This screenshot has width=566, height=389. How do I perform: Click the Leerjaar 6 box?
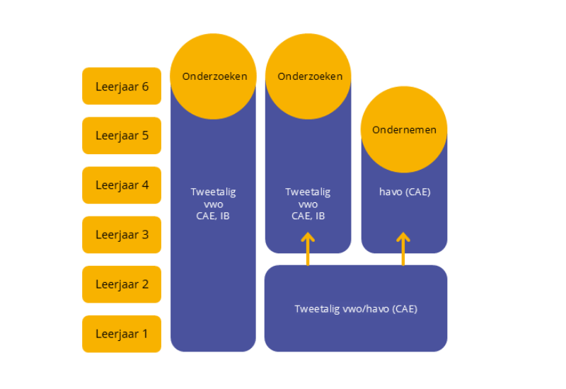tap(122, 86)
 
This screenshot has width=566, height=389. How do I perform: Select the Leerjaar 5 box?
tap(122, 136)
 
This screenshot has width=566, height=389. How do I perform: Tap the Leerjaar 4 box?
tap(122, 185)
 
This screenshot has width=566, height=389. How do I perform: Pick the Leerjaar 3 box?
tap(122, 235)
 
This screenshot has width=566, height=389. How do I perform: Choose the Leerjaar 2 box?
tap(122, 284)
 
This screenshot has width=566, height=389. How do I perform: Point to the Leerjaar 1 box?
tap(122, 334)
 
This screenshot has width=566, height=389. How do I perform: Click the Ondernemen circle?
tap(404, 130)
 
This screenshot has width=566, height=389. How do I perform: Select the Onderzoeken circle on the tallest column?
tap(213, 76)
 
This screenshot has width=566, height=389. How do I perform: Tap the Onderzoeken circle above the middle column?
tap(308, 76)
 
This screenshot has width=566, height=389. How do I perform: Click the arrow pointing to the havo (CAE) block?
tap(403, 248)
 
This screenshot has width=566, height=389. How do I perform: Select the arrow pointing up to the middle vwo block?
tap(308, 248)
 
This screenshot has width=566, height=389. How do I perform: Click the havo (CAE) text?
tap(405, 192)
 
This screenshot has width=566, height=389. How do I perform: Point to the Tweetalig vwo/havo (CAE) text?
tap(356, 309)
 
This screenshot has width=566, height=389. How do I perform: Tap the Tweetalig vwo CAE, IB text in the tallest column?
tap(213, 204)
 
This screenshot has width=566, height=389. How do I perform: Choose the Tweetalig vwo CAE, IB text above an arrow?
tap(308, 204)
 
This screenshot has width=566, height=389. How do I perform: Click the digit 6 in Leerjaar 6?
tap(145, 86)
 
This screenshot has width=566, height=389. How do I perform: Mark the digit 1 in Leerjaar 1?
tap(145, 334)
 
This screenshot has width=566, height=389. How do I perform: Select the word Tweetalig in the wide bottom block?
tap(316, 309)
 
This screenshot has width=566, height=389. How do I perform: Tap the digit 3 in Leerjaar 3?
tap(145, 235)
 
